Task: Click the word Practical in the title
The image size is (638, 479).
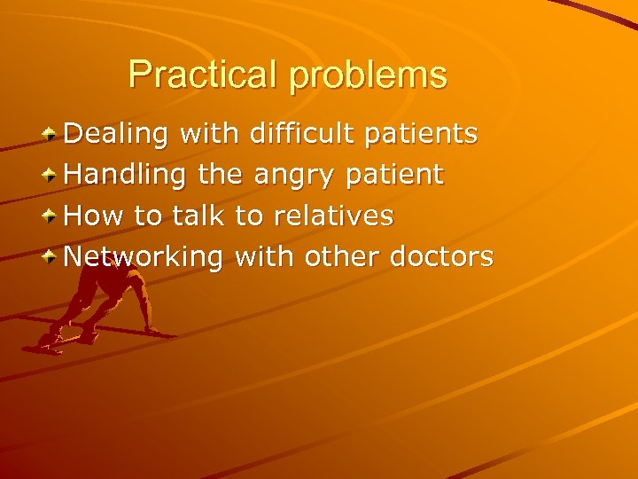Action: (x=203, y=75)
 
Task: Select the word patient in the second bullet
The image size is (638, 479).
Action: (x=393, y=176)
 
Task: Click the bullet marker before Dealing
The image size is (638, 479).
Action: (x=51, y=134)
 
